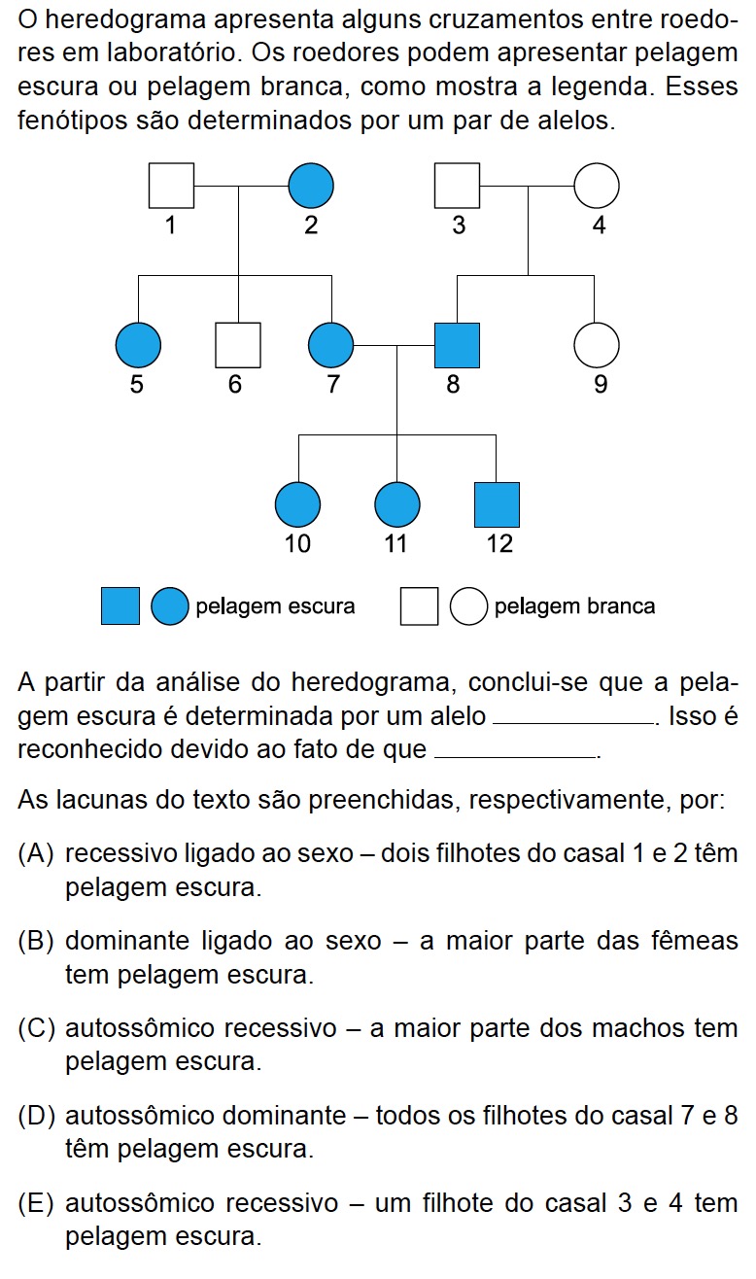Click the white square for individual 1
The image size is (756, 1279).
171,185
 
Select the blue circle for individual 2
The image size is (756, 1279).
311,185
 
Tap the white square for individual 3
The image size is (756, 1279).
457,185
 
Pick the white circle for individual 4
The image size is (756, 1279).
597,185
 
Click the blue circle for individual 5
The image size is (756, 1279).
138,345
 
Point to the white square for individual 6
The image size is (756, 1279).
237,345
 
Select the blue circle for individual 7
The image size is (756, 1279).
330,345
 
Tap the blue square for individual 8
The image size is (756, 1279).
457,345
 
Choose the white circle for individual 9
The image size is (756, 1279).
597,345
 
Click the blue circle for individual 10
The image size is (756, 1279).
298,504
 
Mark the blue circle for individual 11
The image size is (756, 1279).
396,504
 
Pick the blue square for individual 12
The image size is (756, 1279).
497,504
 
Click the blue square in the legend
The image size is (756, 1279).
120,606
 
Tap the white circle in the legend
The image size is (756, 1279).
469,606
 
